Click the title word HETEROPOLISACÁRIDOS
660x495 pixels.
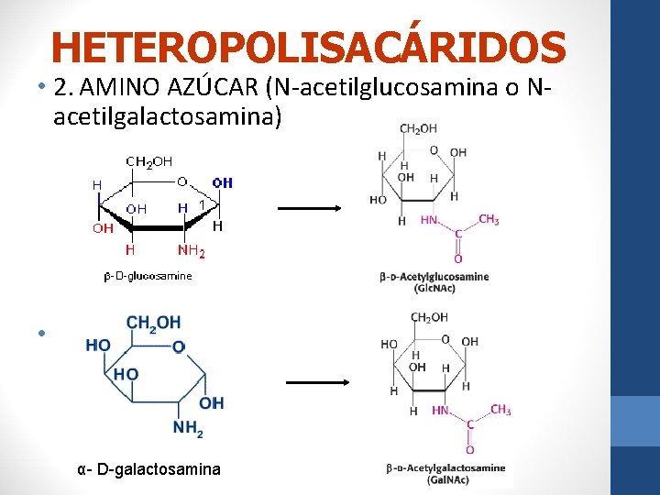pyautogui.click(x=309, y=47)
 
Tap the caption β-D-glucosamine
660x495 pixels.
pyautogui.click(x=148, y=276)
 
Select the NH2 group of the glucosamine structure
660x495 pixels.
pyautogui.click(x=191, y=249)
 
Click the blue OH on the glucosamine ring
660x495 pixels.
pyautogui.click(x=223, y=182)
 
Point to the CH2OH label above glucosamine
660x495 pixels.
pyautogui.click(x=148, y=162)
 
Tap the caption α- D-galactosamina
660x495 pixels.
pyautogui.click(x=149, y=469)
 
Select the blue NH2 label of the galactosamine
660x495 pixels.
pyautogui.click(x=188, y=427)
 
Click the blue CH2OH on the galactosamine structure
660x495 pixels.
pyautogui.click(x=154, y=323)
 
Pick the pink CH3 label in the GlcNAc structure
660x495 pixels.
pyautogui.click(x=489, y=220)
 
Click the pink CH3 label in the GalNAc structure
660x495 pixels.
pyautogui.click(x=500, y=410)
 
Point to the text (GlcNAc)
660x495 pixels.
pyautogui.click(x=434, y=289)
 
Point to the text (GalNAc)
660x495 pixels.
pyautogui.click(x=446, y=479)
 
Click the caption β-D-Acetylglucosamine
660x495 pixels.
pyautogui.click(x=434, y=277)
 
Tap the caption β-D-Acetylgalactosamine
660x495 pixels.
pyautogui.click(x=446, y=468)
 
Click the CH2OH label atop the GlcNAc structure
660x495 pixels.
pyautogui.click(x=419, y=129)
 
